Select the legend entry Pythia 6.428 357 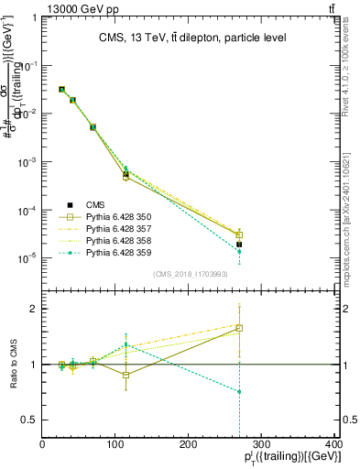pos(115,228)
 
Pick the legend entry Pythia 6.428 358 pos(115,240)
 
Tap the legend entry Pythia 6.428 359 pos(115,252)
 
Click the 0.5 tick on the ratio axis pos(31,420)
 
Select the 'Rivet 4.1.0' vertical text pos(351,73)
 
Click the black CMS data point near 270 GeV pos(239,245)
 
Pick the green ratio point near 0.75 pos(239,391)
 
